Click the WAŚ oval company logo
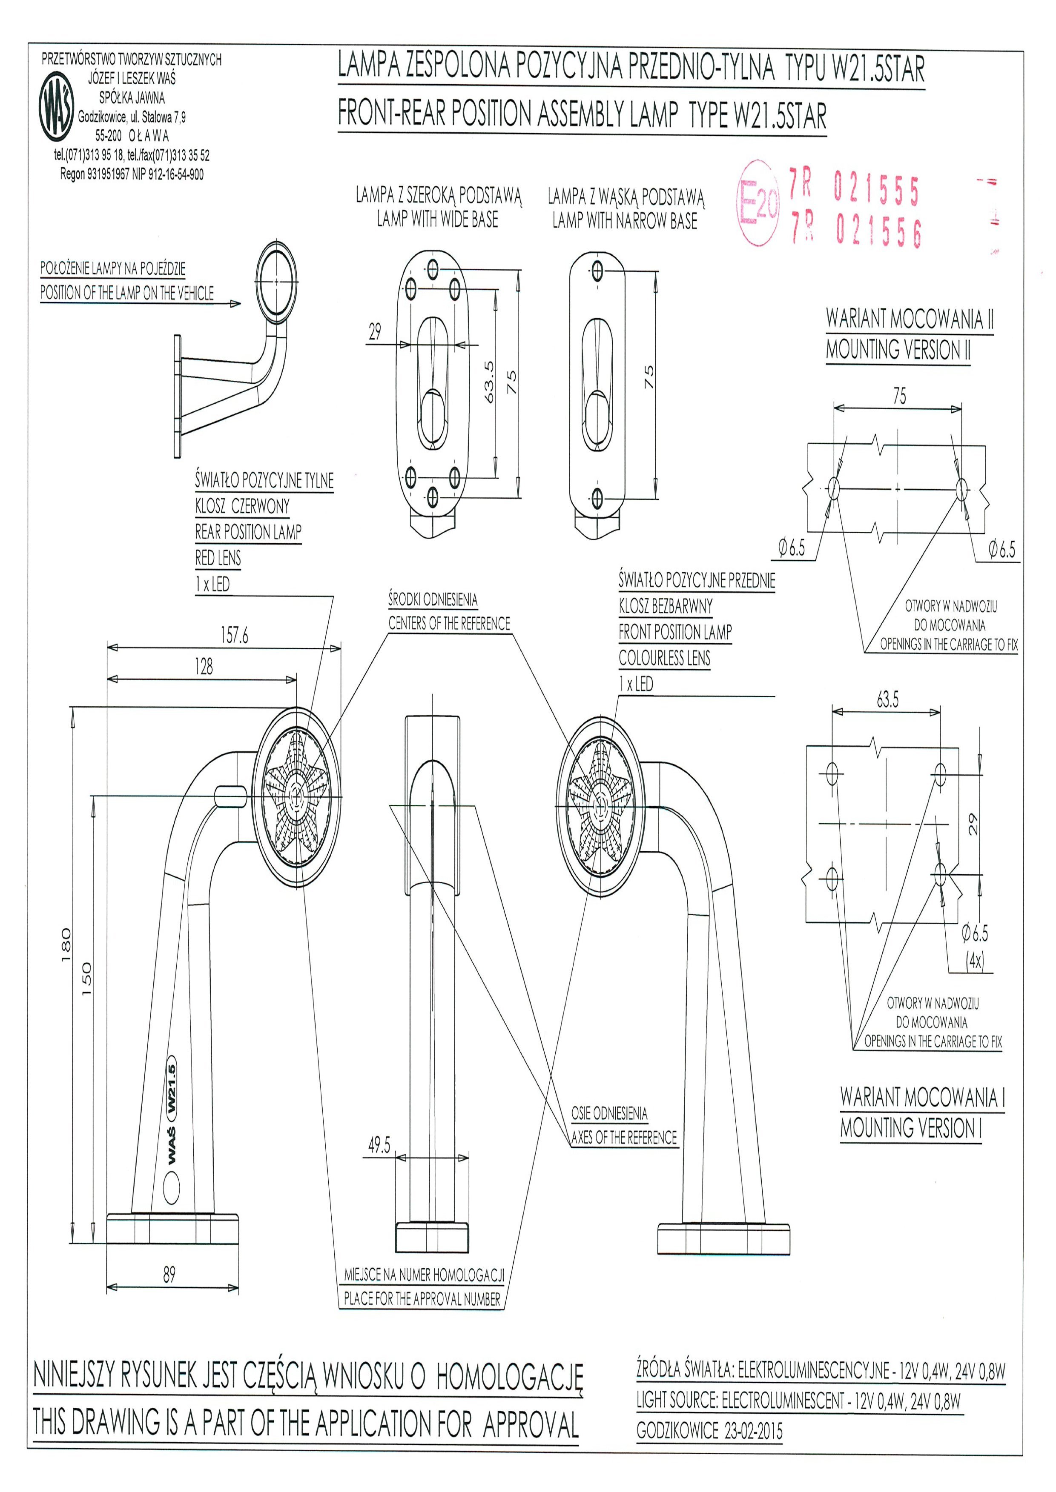(x=57, y=107)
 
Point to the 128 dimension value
(x=204, y=667)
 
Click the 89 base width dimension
(x=169, y=1275)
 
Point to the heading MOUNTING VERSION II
(x=898, y=350)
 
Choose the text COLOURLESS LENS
(x=664, y=658)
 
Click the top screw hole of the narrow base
(x=597, y=270)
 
